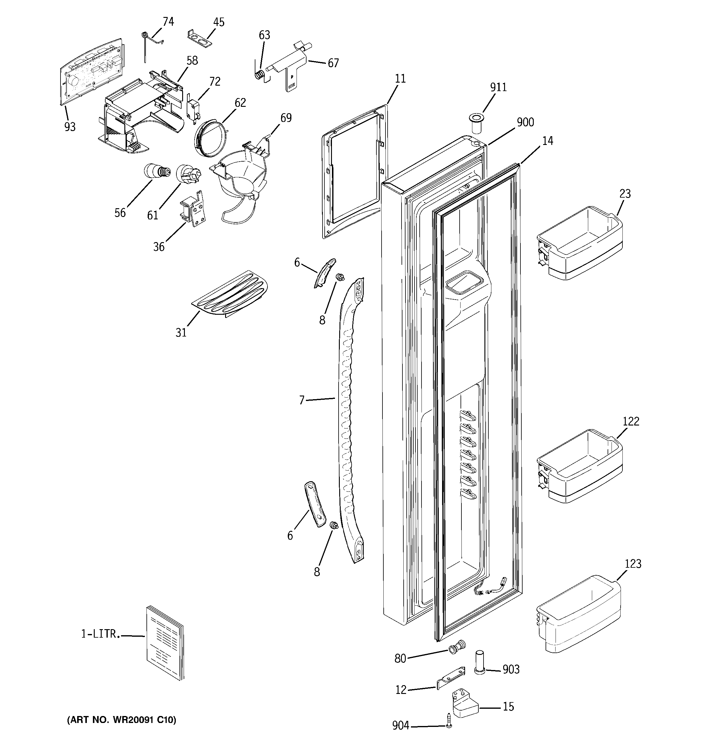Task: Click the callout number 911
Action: click(498, 87)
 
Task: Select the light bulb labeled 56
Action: click(156, 172)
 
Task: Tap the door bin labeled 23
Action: click(579, 243)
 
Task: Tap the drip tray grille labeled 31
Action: click(230, 294)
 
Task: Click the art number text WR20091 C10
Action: click(121, 720)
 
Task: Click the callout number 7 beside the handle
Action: click(301, 400)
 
